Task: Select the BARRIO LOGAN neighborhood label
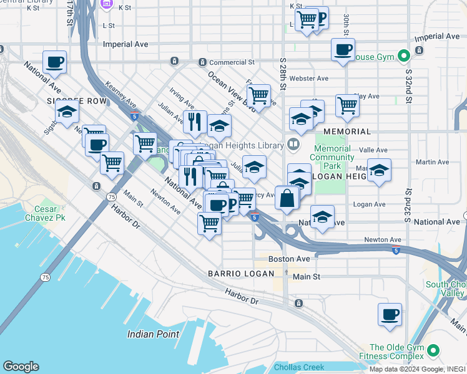point(241,274)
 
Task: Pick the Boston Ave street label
point(289,259)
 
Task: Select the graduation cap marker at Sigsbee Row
point(67,112)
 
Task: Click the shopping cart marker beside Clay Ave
point(347,106)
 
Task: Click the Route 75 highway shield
point(111,196)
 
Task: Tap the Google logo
point(21,367)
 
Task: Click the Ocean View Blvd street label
point(229,89)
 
